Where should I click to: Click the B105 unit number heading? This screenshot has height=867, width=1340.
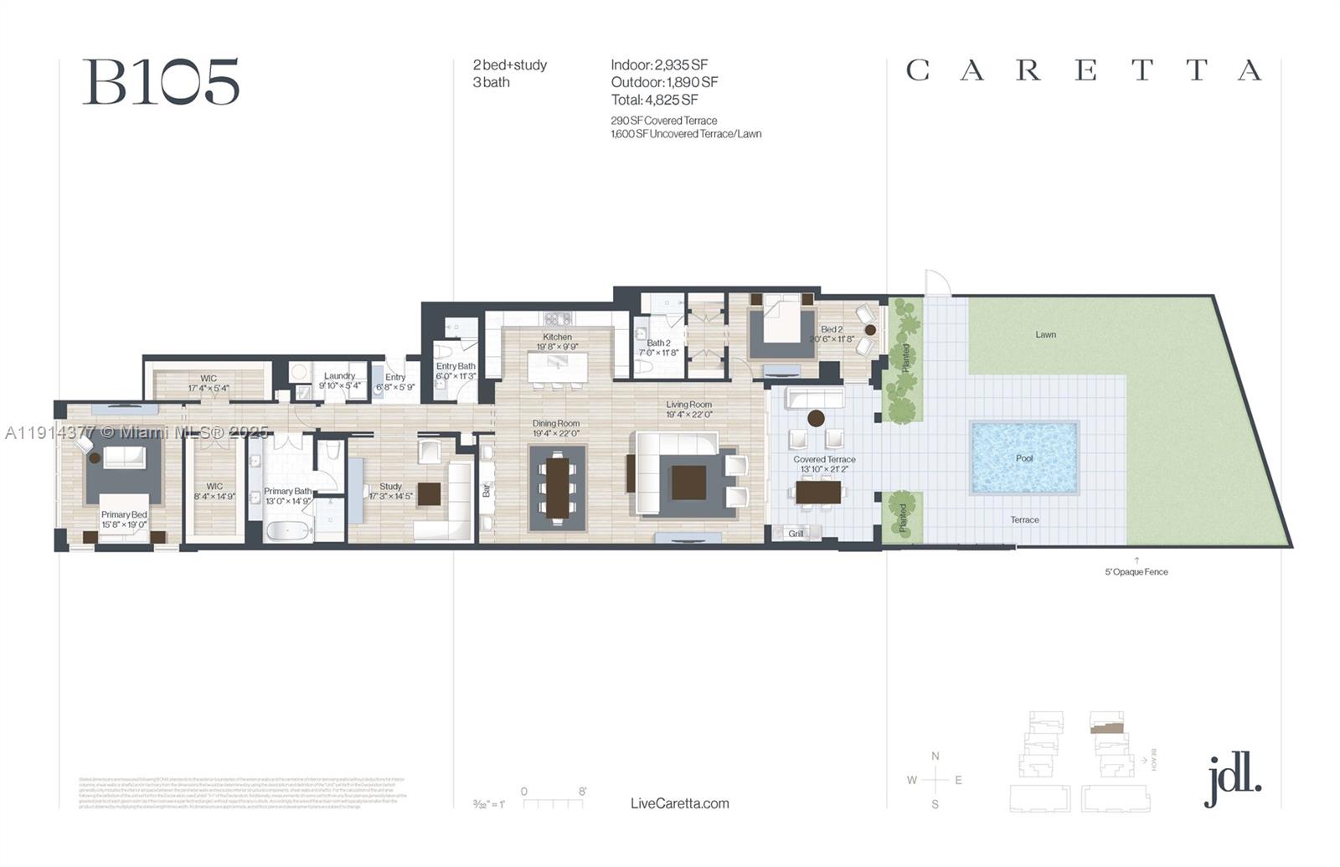coord(161,82)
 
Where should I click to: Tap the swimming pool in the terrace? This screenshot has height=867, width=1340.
coord(1023,457)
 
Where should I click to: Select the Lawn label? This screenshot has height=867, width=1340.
coord(1045,334)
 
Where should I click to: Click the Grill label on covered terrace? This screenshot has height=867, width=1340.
coord(796,534)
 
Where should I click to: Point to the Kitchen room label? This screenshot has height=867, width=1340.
coord(557,337)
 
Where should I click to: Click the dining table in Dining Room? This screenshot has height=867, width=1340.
coord(558,488)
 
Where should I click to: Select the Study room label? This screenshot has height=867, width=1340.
coord(390,486)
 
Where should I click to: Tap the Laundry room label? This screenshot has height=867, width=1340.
coord(339,376)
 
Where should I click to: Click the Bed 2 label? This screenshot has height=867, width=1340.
coord(832,329)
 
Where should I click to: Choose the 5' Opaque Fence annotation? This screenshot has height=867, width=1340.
coord(1136,572)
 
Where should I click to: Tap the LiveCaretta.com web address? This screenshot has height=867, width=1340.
coord(679,803)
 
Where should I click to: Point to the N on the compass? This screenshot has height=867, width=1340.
coord(935,756)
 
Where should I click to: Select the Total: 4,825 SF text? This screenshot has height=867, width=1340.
coord(654,100)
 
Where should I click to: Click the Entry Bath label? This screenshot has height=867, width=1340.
coord(456,366)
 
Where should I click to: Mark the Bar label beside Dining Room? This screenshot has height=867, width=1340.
coord(487,490)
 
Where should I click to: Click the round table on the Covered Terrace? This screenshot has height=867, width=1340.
coord(816,418)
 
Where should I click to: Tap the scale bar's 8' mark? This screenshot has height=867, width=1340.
coord(582,792)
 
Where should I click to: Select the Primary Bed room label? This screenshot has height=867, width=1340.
coord(124,514)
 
